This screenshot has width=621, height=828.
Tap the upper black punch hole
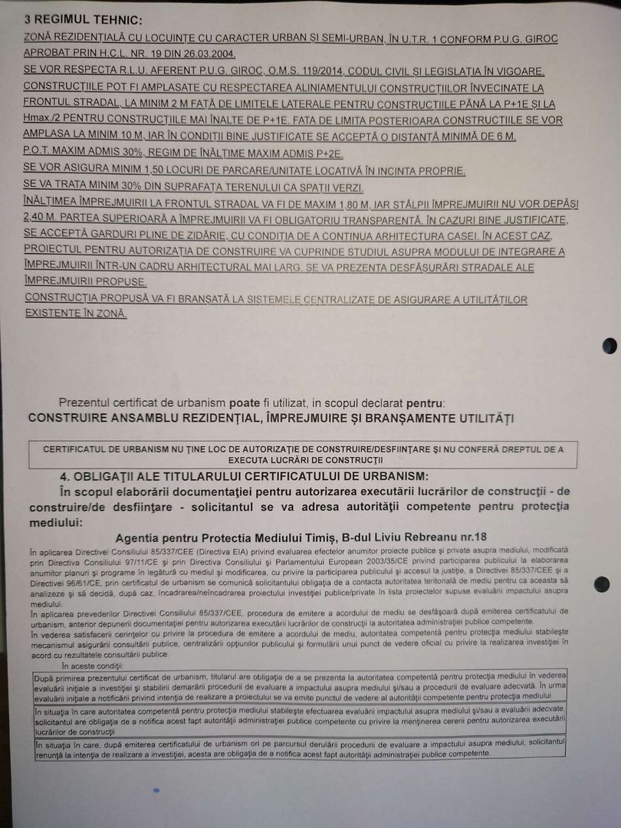coord(609,346)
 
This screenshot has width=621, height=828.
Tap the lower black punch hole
coord(602,584)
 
